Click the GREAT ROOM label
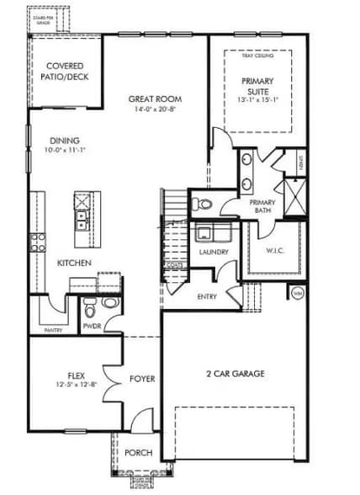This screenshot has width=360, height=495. coord(155,98)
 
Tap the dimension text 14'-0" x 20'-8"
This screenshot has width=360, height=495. coord(155,109)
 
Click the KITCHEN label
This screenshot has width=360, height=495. coord(74,263)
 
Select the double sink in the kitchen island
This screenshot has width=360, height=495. coord(83,221)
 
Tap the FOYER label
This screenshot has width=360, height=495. coord(142,379)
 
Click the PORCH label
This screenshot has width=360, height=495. coord(139,452)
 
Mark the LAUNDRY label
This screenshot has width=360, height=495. coord(214,252)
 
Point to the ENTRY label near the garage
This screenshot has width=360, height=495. coord(208,296)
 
